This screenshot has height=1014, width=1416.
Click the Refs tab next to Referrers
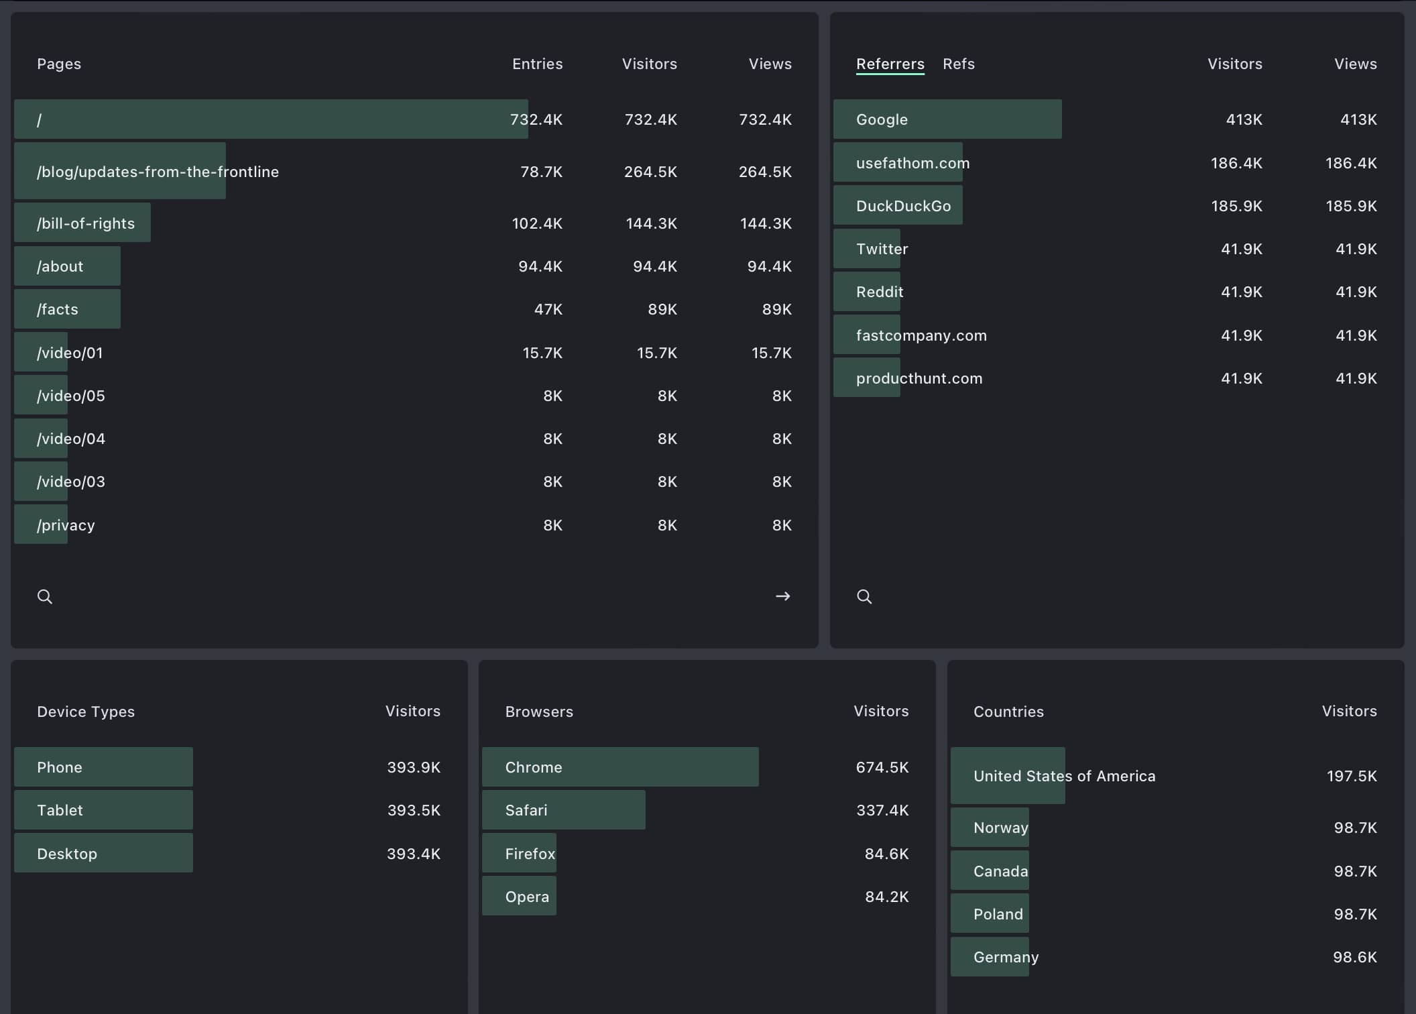tap(958, 64)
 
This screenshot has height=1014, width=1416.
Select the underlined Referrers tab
tap(890, 64)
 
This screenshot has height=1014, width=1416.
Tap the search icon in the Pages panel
tap(45, 596)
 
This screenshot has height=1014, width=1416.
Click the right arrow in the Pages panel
tap(782, 596)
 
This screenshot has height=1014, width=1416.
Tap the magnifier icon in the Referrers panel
tap(864, 596)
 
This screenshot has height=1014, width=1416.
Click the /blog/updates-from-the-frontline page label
tap(158, 172)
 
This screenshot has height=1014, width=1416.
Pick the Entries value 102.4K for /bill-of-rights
tap(537, 223)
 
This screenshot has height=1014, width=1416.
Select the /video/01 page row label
tap(70, 353)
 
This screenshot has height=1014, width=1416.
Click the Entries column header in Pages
tap(537, 64)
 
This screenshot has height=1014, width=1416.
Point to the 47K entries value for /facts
tap(548, 309)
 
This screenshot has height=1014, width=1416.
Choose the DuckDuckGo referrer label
tap(903, 206)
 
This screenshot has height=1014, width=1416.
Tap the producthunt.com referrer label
tap(919, 378)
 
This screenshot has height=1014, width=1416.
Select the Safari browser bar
tap(563, 810)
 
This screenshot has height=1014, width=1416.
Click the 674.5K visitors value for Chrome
tap(882, 767)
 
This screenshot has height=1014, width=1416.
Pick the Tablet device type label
tap(60, 810)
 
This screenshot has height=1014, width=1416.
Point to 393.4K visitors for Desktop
tap(413, 854)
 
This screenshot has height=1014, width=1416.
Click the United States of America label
tap(1064, 776)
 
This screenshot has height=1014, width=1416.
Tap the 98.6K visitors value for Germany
tap(1354, 957)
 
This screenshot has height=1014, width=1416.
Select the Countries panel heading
tap(1008, 712)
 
